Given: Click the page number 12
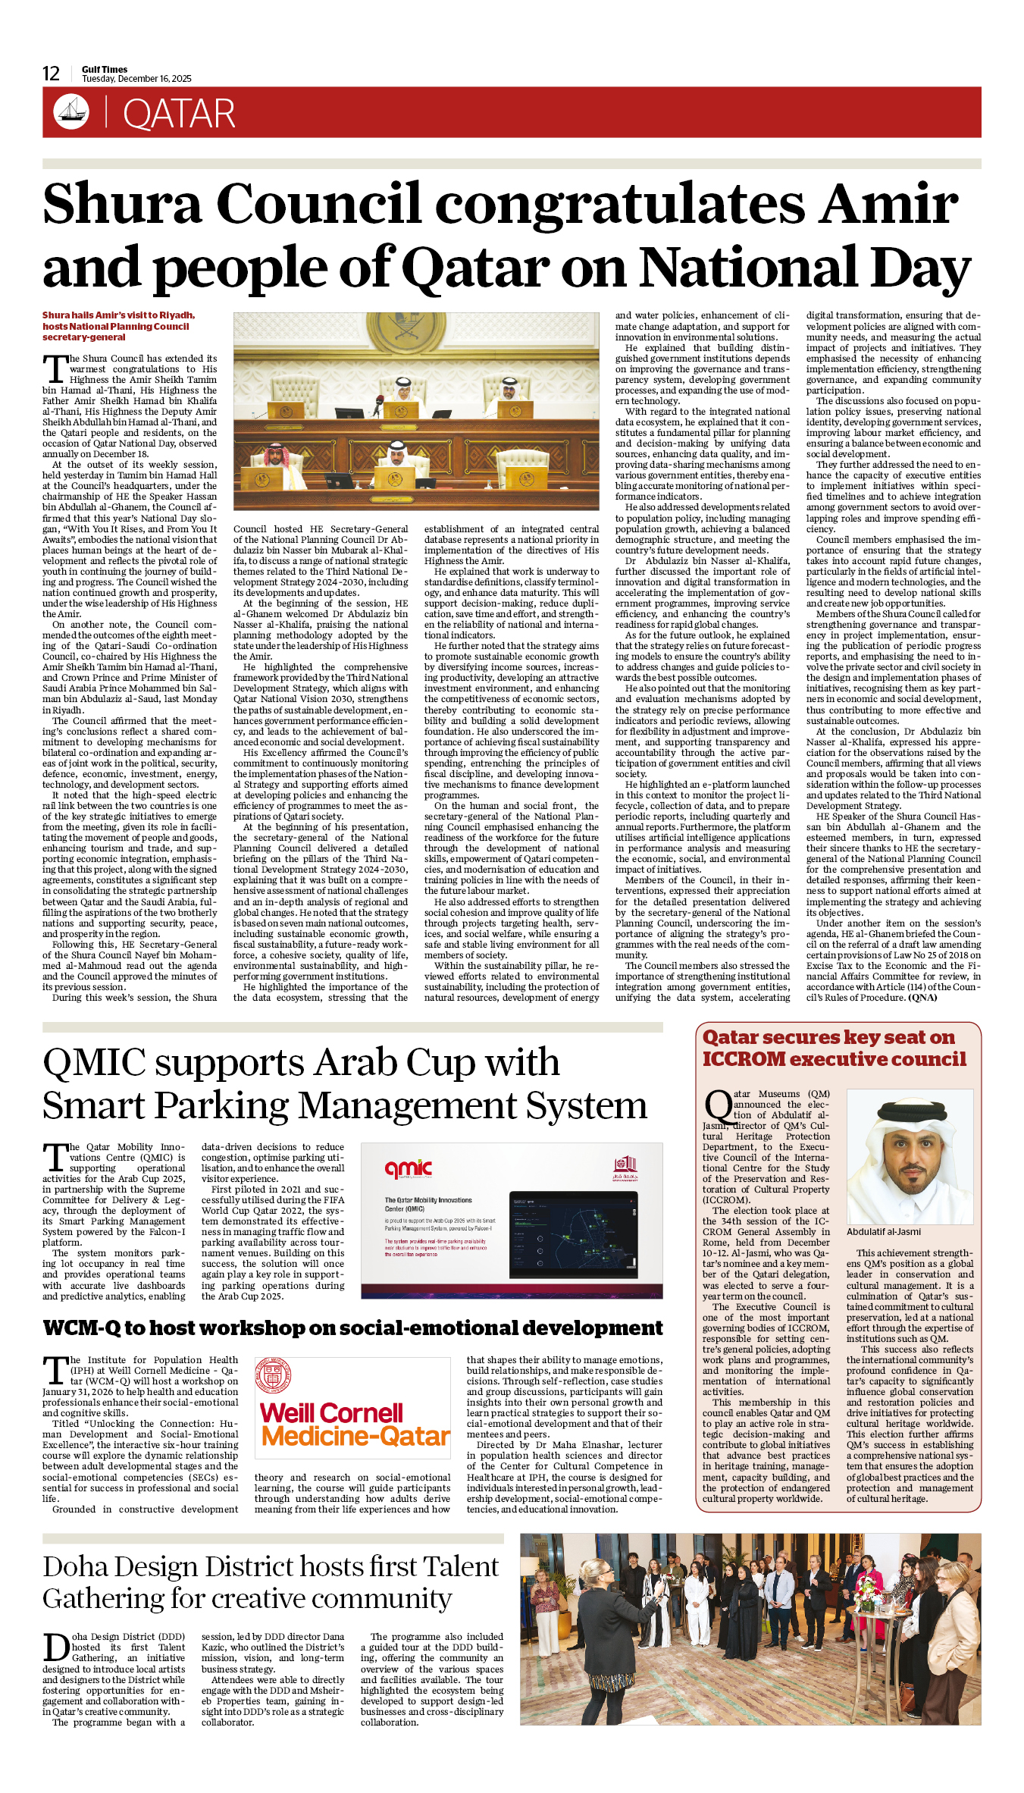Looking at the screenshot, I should [51, 74].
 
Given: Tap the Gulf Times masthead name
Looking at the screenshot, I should [105, 69].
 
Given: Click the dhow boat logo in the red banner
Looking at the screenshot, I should [70, 111].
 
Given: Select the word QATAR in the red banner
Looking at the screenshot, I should [179, 114].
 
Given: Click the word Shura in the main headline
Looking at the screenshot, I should [123, 204].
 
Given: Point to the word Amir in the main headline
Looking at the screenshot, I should [890, 204].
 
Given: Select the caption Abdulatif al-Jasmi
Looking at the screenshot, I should [884, 1232].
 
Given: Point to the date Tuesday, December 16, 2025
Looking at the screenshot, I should [136, 79].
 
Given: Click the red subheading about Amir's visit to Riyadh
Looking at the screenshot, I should [119, 326].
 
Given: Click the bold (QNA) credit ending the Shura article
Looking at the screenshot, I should [922, 998].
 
